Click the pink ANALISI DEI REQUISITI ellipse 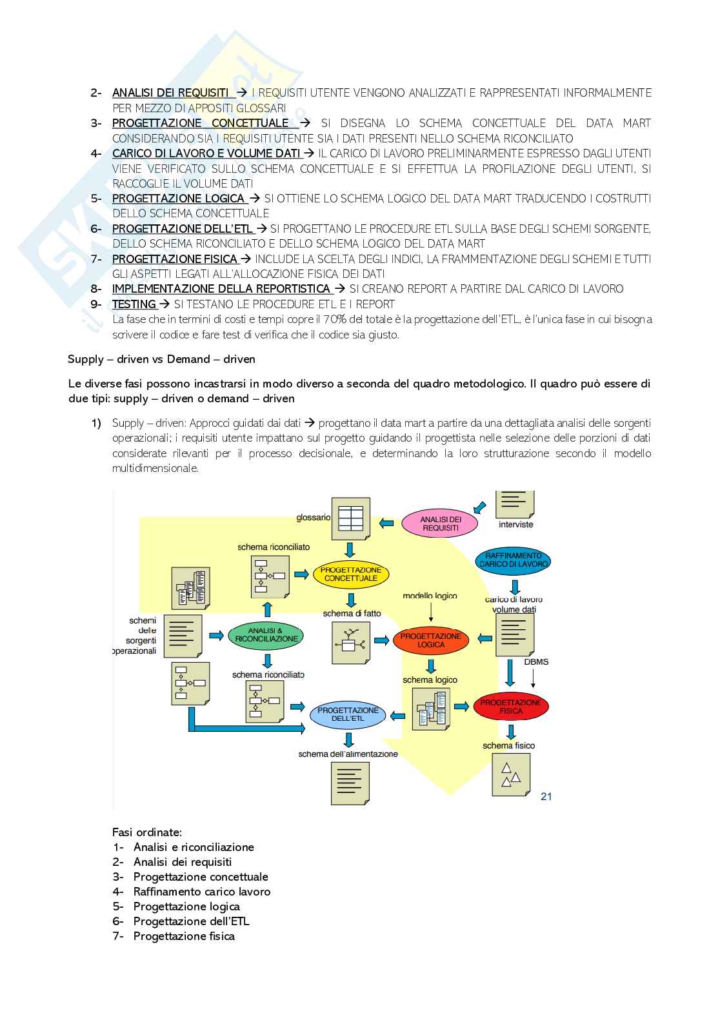(x=440, y=524)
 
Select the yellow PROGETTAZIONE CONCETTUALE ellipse (x=351, y=574)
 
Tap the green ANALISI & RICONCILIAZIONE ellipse (x=266, y=634)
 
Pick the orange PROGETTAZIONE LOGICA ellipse (x=431, y=640)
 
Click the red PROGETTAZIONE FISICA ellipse (x=510, y=707)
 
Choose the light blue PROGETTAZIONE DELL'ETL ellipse (x=348, y=714)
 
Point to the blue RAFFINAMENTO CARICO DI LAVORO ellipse (x=514, y=560)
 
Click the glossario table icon (x=350, y=518)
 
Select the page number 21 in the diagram (x=546, y=796)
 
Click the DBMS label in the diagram (x=536, y=662)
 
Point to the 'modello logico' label (x=430, y=596)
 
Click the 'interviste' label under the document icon (x=515, y=525)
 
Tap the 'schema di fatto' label (x=352, y=613)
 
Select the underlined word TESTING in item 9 (x=134, y=304)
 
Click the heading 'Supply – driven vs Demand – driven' (x=161, y=359)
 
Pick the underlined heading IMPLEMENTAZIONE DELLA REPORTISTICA (x=221, y=289)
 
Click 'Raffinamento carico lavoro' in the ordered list (x=202, y=892)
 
